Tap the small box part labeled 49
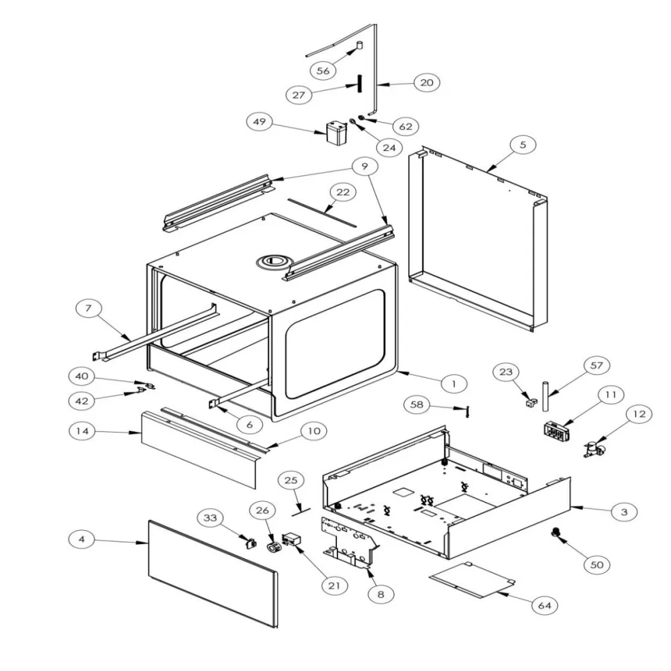click(334, 132)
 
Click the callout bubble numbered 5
click(523, 144)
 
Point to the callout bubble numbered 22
click(343, 193)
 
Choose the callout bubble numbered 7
click(89, 309)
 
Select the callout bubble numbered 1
click(454, 383)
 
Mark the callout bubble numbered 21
click(333, 585)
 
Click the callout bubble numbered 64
click(546, 605)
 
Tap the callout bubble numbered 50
click(597, 565)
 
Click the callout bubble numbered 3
click(624, 511)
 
